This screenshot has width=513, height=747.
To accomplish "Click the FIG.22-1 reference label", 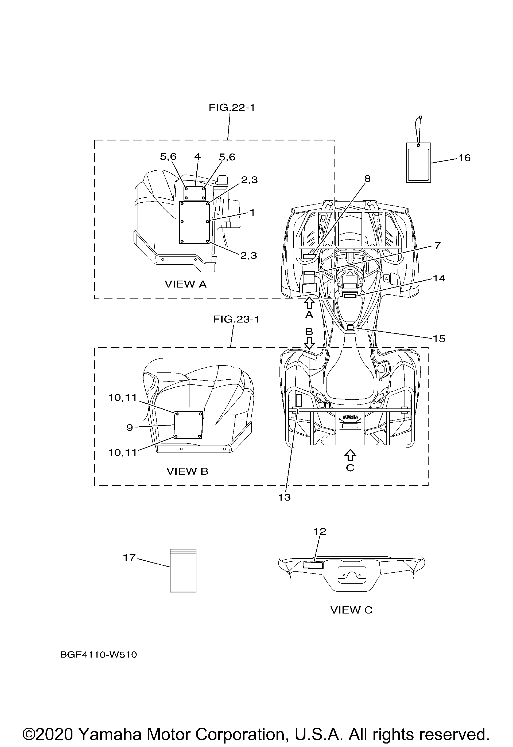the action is (x=232, y=107).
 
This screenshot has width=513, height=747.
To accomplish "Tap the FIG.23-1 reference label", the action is (x=236, y=319).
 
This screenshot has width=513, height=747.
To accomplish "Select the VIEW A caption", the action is (x=186, y=284).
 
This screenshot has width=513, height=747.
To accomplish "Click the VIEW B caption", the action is (x=187, y=471).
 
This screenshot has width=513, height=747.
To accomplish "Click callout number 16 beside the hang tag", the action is (x=464, y=158).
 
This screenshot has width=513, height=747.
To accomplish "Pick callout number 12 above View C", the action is (x=320, y=531).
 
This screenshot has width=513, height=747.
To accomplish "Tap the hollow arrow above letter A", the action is (x=309, y=303).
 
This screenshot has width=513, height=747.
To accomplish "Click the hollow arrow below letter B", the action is (x=309, y=343).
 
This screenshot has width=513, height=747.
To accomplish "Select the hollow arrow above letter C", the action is (x=350, y=455).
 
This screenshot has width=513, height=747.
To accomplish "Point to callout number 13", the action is (x=284, y=497).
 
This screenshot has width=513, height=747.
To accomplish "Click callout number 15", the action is (x=439, y=339).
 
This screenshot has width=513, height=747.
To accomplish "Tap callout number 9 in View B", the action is (x=130, y=428).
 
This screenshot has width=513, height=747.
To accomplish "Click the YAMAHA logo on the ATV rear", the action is (x=350, y=417).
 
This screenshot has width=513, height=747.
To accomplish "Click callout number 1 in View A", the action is (x=252, y=213).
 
